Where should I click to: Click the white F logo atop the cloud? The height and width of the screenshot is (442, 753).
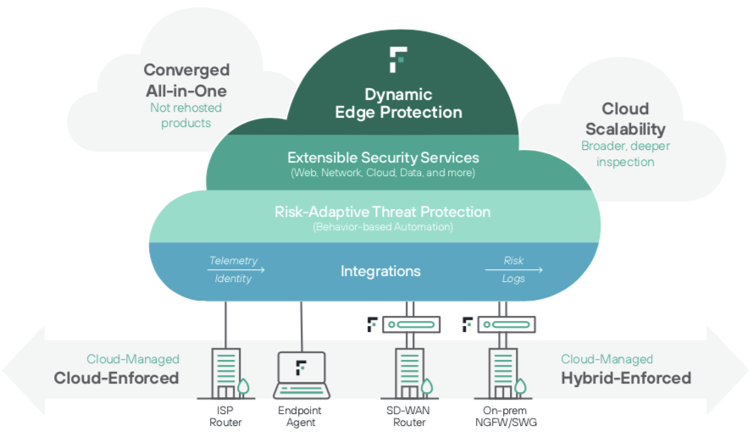[398, 60]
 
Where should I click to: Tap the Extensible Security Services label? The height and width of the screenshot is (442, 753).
[383, 158]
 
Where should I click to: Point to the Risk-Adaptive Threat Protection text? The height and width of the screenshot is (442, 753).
[382, 212]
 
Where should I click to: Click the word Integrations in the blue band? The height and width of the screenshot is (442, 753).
[380, 271]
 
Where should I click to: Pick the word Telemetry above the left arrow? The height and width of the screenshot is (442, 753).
[233, 261]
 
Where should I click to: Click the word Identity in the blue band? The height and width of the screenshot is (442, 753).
[233, 279]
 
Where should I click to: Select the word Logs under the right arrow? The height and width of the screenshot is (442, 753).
[513, 279]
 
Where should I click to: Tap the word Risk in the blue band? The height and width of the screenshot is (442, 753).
[513, 261]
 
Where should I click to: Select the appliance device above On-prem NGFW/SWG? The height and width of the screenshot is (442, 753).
[505, 324]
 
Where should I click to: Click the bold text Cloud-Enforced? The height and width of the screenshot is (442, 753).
[116, 378]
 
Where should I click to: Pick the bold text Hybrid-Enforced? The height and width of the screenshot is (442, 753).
[626, 378]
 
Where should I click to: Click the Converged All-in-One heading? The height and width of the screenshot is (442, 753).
[186, 80]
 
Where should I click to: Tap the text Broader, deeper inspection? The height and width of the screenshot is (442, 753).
[624, 153]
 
